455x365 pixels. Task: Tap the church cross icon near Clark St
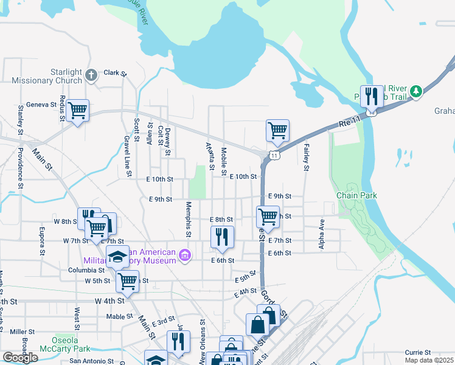pyautogui.click(x=91, y=76)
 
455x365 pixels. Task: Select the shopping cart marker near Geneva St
pyautogui.click(x=77, y=111)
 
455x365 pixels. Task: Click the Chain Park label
pyautogui.click(x=357, y=195)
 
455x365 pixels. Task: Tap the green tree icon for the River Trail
pyautogui.click(x=416, y=91)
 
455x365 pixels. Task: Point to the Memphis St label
pyautogui.click(x=189, y=220)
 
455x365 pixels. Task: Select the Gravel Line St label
pyautogui.click(x=128, y=156)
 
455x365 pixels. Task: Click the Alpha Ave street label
pyautogui.click(x=322, y=234)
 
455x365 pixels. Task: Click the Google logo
pyautogui.click(x=19, y=358)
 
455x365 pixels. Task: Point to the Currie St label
pyautogui.click(x=418, y=352)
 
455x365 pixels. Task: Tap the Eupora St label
pyautogui.click(x=42, y=240)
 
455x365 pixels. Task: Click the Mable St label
pyautogui.click(x=119, y=316)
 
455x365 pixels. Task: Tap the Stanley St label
pyautogui.click(x=20, y=120)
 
